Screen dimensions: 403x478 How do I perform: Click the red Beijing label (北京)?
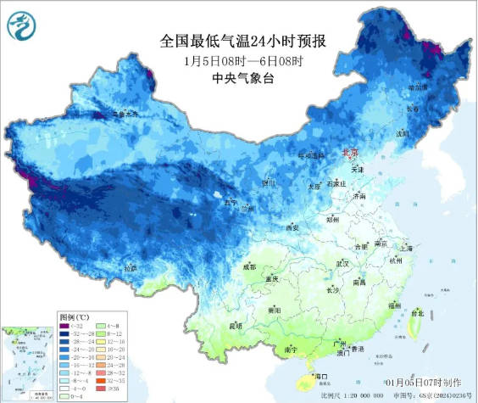point(349,154)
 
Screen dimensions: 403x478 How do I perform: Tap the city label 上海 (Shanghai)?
point(409,249)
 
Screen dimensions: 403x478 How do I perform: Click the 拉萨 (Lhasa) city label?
point(130,268)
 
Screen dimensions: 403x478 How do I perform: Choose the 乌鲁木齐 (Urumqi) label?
point(126,114)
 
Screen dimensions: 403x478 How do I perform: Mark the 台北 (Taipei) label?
point(416,313)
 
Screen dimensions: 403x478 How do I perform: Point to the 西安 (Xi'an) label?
point(292,228)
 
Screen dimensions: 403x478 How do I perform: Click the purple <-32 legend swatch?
point(68,325)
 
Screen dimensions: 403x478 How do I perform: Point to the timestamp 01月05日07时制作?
point(423,383)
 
